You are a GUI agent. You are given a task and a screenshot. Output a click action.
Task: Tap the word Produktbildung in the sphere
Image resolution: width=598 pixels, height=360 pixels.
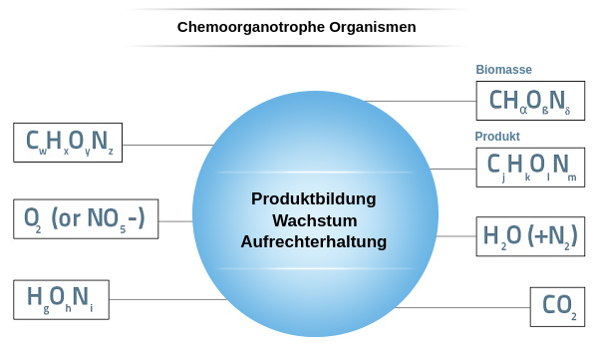[x=314, y=198]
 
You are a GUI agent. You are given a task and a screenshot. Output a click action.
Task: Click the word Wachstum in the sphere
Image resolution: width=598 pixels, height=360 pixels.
[x=314, y=219]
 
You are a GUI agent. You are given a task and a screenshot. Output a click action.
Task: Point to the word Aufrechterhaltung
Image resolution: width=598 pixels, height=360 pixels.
[x=314, y=241]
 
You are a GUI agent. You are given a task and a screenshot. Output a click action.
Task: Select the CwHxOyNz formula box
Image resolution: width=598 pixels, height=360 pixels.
[x=68, y=143]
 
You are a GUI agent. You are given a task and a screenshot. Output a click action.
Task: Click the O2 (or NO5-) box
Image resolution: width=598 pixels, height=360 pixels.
[x=85, y=219]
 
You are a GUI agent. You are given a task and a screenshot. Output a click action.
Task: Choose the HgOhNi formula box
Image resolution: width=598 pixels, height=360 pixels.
[x=61, y=299]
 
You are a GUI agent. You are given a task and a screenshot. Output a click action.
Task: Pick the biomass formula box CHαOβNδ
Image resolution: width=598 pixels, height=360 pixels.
[x=529, y=101]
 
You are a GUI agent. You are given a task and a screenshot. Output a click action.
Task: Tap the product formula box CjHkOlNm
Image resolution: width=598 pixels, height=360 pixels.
[x=529, y=167]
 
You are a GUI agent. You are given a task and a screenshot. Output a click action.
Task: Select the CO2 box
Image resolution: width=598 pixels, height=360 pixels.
[x=557, y=305]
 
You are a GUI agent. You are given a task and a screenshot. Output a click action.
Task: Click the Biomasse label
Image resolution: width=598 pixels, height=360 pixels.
[x=503, y=70]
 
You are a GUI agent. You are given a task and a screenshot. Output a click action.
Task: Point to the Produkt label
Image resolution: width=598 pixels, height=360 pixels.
[x=497, y=136]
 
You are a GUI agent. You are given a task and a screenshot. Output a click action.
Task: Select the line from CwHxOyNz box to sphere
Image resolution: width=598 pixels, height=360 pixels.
[x=167, y=145]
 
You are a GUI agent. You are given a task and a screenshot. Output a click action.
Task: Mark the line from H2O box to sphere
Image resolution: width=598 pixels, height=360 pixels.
[x=456, y=236]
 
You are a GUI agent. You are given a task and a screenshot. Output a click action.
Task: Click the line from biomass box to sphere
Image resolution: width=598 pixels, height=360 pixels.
[x=419, y=101]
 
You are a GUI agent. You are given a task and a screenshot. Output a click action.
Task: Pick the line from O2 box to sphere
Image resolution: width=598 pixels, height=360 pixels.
[x=175, y=221]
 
